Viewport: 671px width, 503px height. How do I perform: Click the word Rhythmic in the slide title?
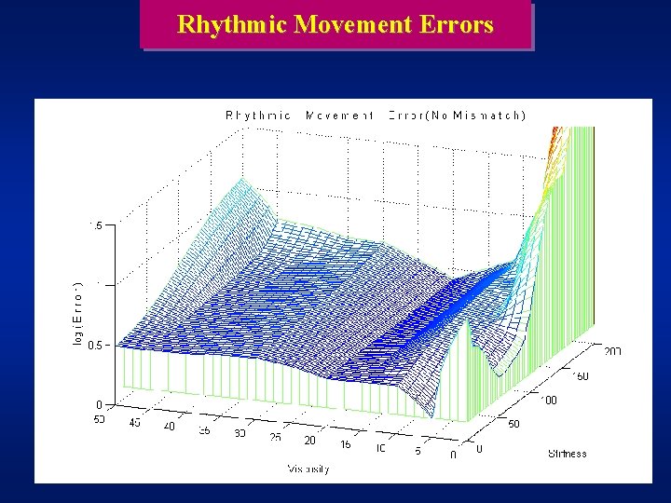(231, 24)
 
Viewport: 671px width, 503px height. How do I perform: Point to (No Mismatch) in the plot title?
(475, 116)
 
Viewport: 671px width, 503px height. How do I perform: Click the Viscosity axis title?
(308, 469)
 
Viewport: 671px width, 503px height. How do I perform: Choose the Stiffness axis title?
(568, 454)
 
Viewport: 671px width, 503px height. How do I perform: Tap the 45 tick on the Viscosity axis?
(136, 422)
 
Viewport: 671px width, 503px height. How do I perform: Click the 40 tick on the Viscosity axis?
(170, 427)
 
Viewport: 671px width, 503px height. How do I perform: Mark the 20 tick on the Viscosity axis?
(310, 440)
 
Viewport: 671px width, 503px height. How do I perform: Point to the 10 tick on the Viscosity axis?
(382, 449)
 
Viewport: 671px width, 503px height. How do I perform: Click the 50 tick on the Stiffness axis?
(513, 423)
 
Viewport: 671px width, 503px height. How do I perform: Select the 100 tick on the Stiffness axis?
(549, 400)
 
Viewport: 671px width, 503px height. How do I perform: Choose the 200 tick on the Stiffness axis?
(612, 351)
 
